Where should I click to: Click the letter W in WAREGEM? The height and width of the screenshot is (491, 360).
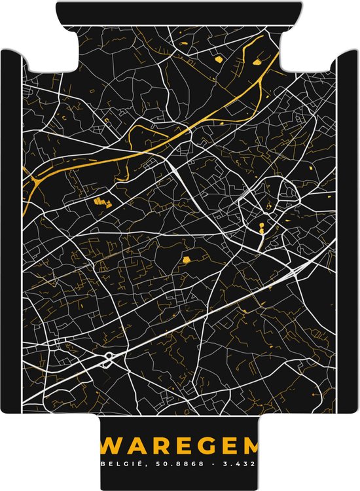coord(111,446)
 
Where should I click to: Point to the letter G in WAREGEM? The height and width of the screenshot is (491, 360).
coord(204,446)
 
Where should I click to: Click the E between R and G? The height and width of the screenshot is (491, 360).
coord(181,446)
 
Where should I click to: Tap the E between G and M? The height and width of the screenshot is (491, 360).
coord(226,446)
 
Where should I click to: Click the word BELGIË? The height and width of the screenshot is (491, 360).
coord(119,464)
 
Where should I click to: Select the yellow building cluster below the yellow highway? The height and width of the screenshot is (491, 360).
coord(100,202)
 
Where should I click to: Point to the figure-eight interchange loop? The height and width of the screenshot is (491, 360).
coord(108,357)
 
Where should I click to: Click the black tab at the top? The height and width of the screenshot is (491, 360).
coord(179,13)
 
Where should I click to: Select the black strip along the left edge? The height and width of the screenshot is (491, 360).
coord(10,229)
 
